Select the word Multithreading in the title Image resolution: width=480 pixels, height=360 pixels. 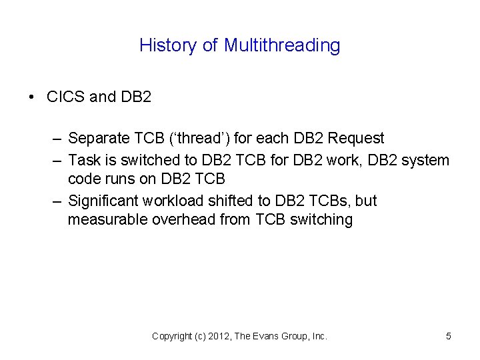coord(282,45)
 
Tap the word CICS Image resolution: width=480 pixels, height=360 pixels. coord(65,97)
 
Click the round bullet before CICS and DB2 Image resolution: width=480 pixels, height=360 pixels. coord(32,97)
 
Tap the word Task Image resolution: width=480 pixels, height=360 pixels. coord(83,160)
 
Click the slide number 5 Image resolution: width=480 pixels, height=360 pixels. coord(449,337)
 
